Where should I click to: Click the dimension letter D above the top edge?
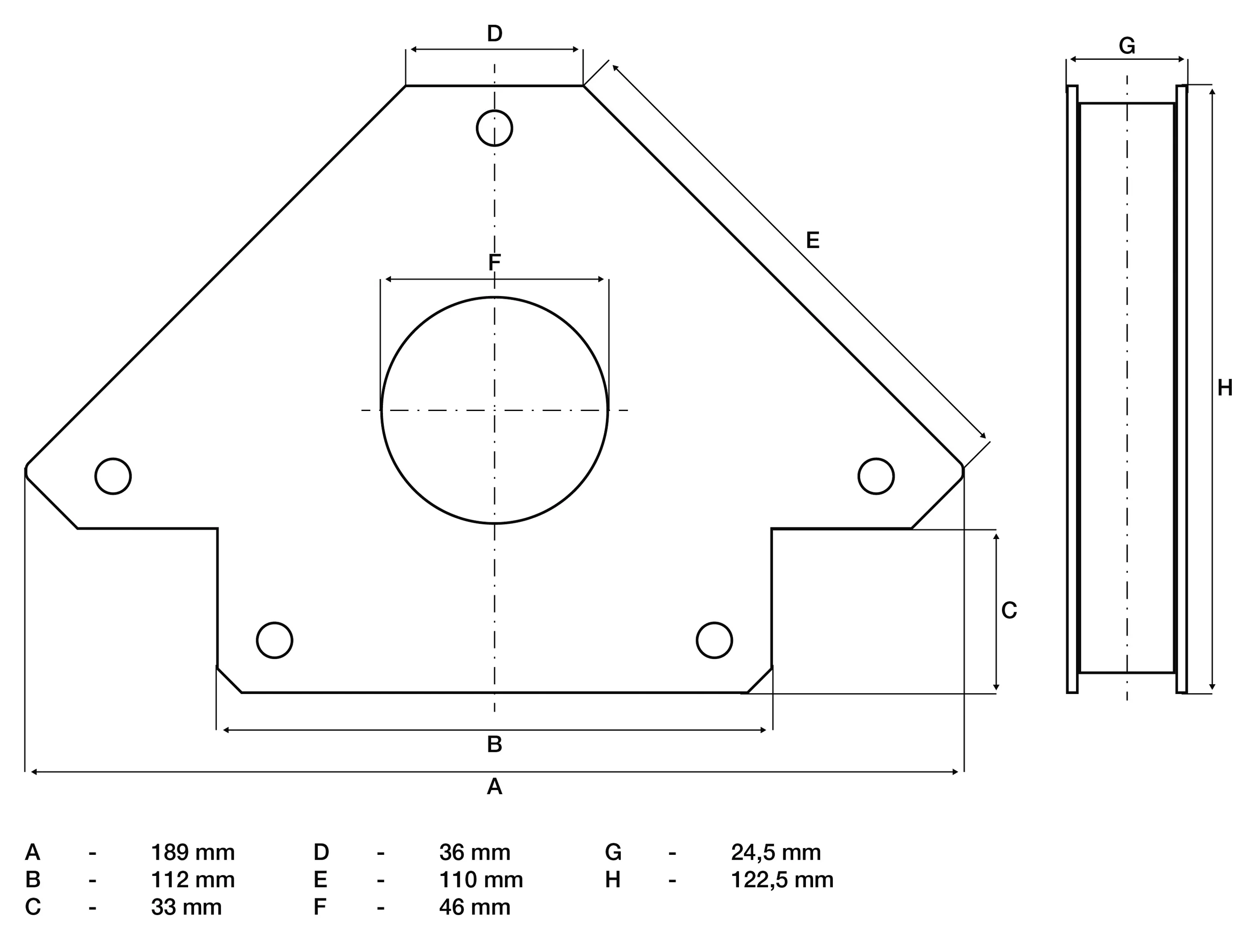click(494, 34)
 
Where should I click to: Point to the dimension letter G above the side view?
click(1127, 45)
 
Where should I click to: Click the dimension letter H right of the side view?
click(1225, 388)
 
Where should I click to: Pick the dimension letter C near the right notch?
click(1009, 610)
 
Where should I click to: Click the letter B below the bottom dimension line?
click(494, 744)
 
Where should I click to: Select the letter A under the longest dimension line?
click(494, 787)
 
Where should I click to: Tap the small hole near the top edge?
click(494, 128)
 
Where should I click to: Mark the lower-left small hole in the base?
click(274, 640)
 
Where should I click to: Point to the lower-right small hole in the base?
click(714, 640)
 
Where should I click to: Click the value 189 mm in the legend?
click(193, 853)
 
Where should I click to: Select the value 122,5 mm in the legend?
click(782, 880)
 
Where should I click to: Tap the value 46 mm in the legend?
click(475, 907)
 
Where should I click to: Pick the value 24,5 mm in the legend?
click(776, 853)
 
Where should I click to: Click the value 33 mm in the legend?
click(186, 907)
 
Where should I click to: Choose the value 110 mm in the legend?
click(481, 880)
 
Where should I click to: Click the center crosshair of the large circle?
click(494, 410)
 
